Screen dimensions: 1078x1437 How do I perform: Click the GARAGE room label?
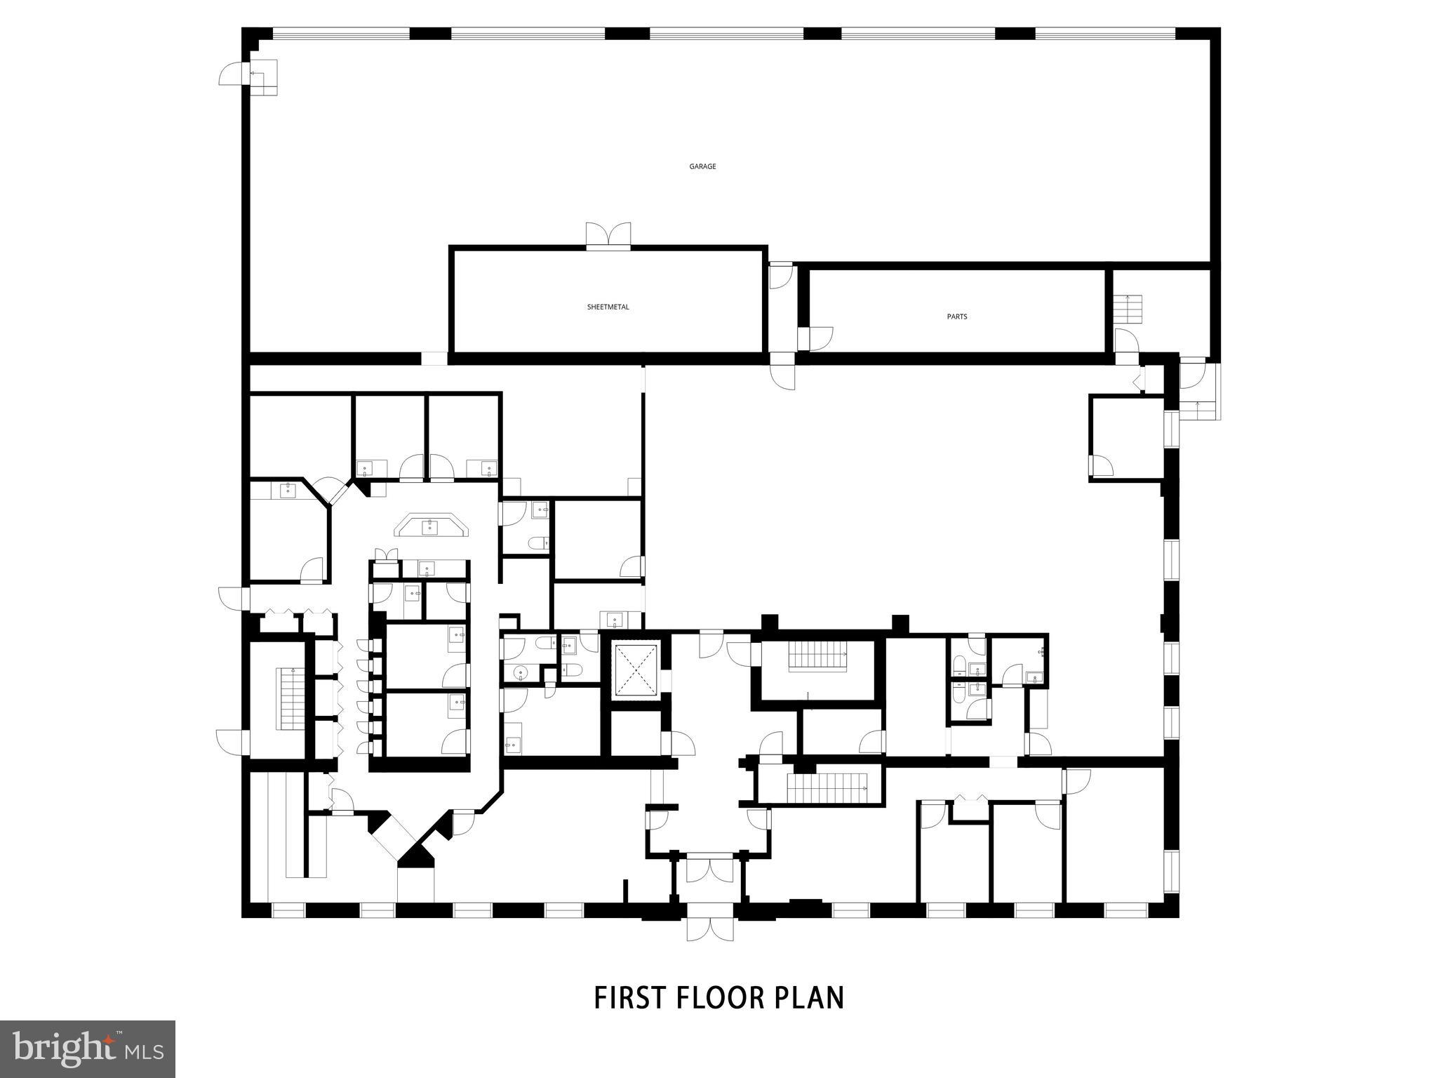(x=702, y=166)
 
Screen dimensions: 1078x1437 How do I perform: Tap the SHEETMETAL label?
(x=608, y=307)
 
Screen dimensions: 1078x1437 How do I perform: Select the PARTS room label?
(x=957, y=317)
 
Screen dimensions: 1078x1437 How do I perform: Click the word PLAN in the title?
(x=809, y=997)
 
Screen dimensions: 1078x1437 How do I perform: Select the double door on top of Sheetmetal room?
(x=608, y=235)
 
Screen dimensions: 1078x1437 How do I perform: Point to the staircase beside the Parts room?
(x=1129, y=309)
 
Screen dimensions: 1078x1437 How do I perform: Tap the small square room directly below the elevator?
(x=634, y=733)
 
